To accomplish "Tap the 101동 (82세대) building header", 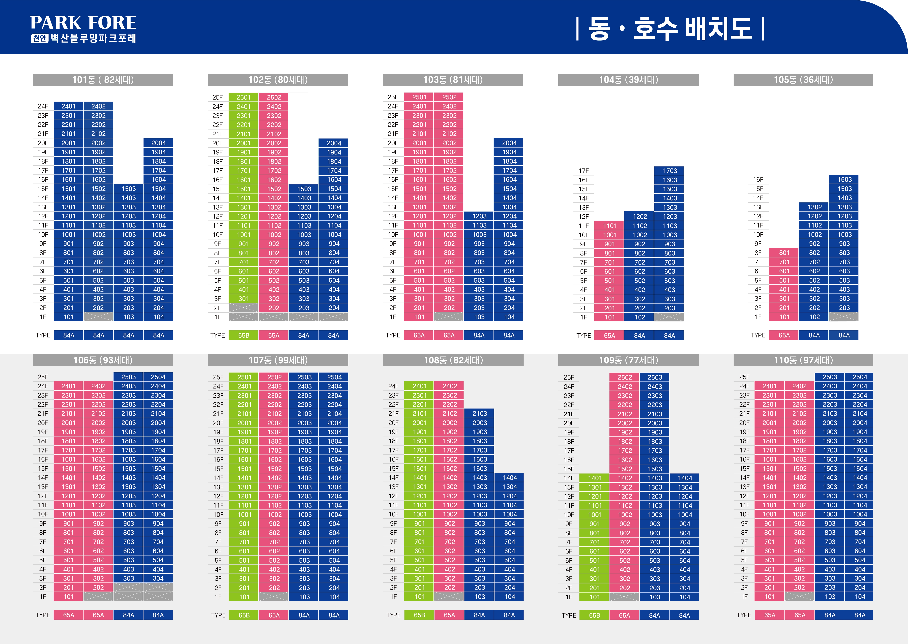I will (x=103, y=80).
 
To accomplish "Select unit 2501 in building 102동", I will (x=243, y=97).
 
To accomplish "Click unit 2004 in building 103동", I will (x=509, y=143).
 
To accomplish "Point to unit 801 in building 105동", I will (x=784, y=253).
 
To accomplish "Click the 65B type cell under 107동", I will (x=244, y=615).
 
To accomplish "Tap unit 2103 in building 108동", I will (x=479, y=413).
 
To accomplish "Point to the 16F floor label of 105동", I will (x=758, y=180).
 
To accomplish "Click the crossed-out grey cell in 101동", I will (x=98, y=317).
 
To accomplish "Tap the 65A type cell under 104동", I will (x=609, y=335).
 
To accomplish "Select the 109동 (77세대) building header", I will (x=628, y=360).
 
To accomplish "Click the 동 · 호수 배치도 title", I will (x=670, y=29).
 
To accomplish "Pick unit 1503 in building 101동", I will (x=128, y=189).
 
